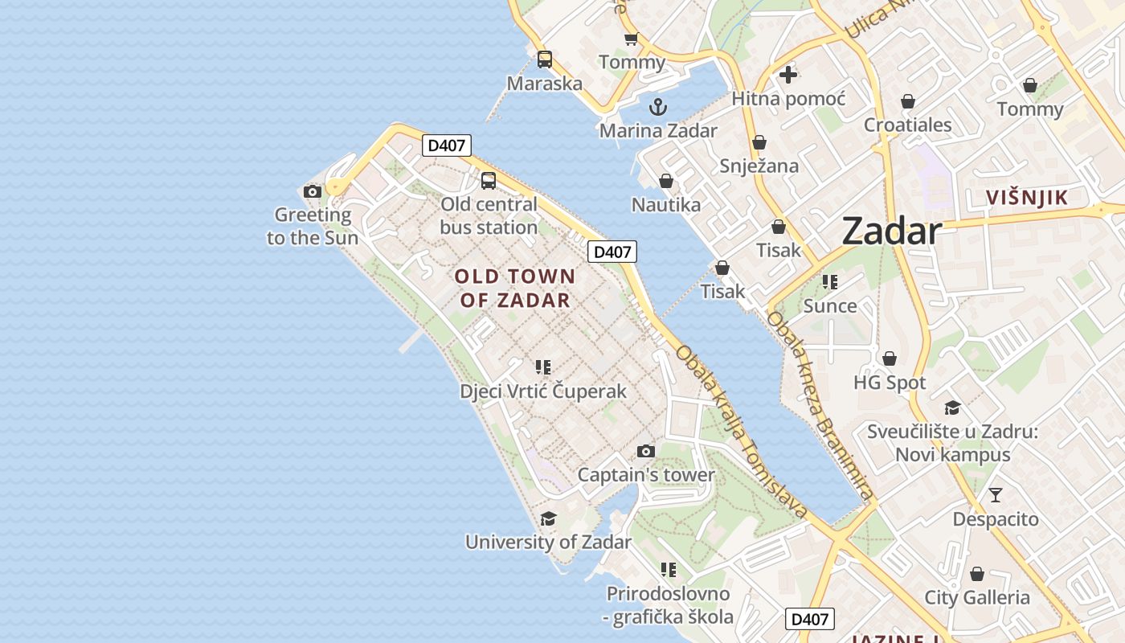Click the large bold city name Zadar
892,231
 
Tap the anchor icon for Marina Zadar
658,107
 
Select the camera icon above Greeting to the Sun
313,191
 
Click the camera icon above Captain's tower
646,451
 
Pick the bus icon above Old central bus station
489,181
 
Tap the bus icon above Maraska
545,59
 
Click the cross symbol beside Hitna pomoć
788,75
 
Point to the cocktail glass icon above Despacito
996,495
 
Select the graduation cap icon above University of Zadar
548,518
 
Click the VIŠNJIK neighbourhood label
1027,198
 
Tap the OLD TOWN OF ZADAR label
515,289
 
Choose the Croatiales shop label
907,125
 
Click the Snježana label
759,166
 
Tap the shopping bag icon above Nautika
665,182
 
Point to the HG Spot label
890,383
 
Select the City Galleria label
976,597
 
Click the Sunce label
830,306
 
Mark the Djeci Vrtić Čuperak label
543,391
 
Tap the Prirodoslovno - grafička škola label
669,605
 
